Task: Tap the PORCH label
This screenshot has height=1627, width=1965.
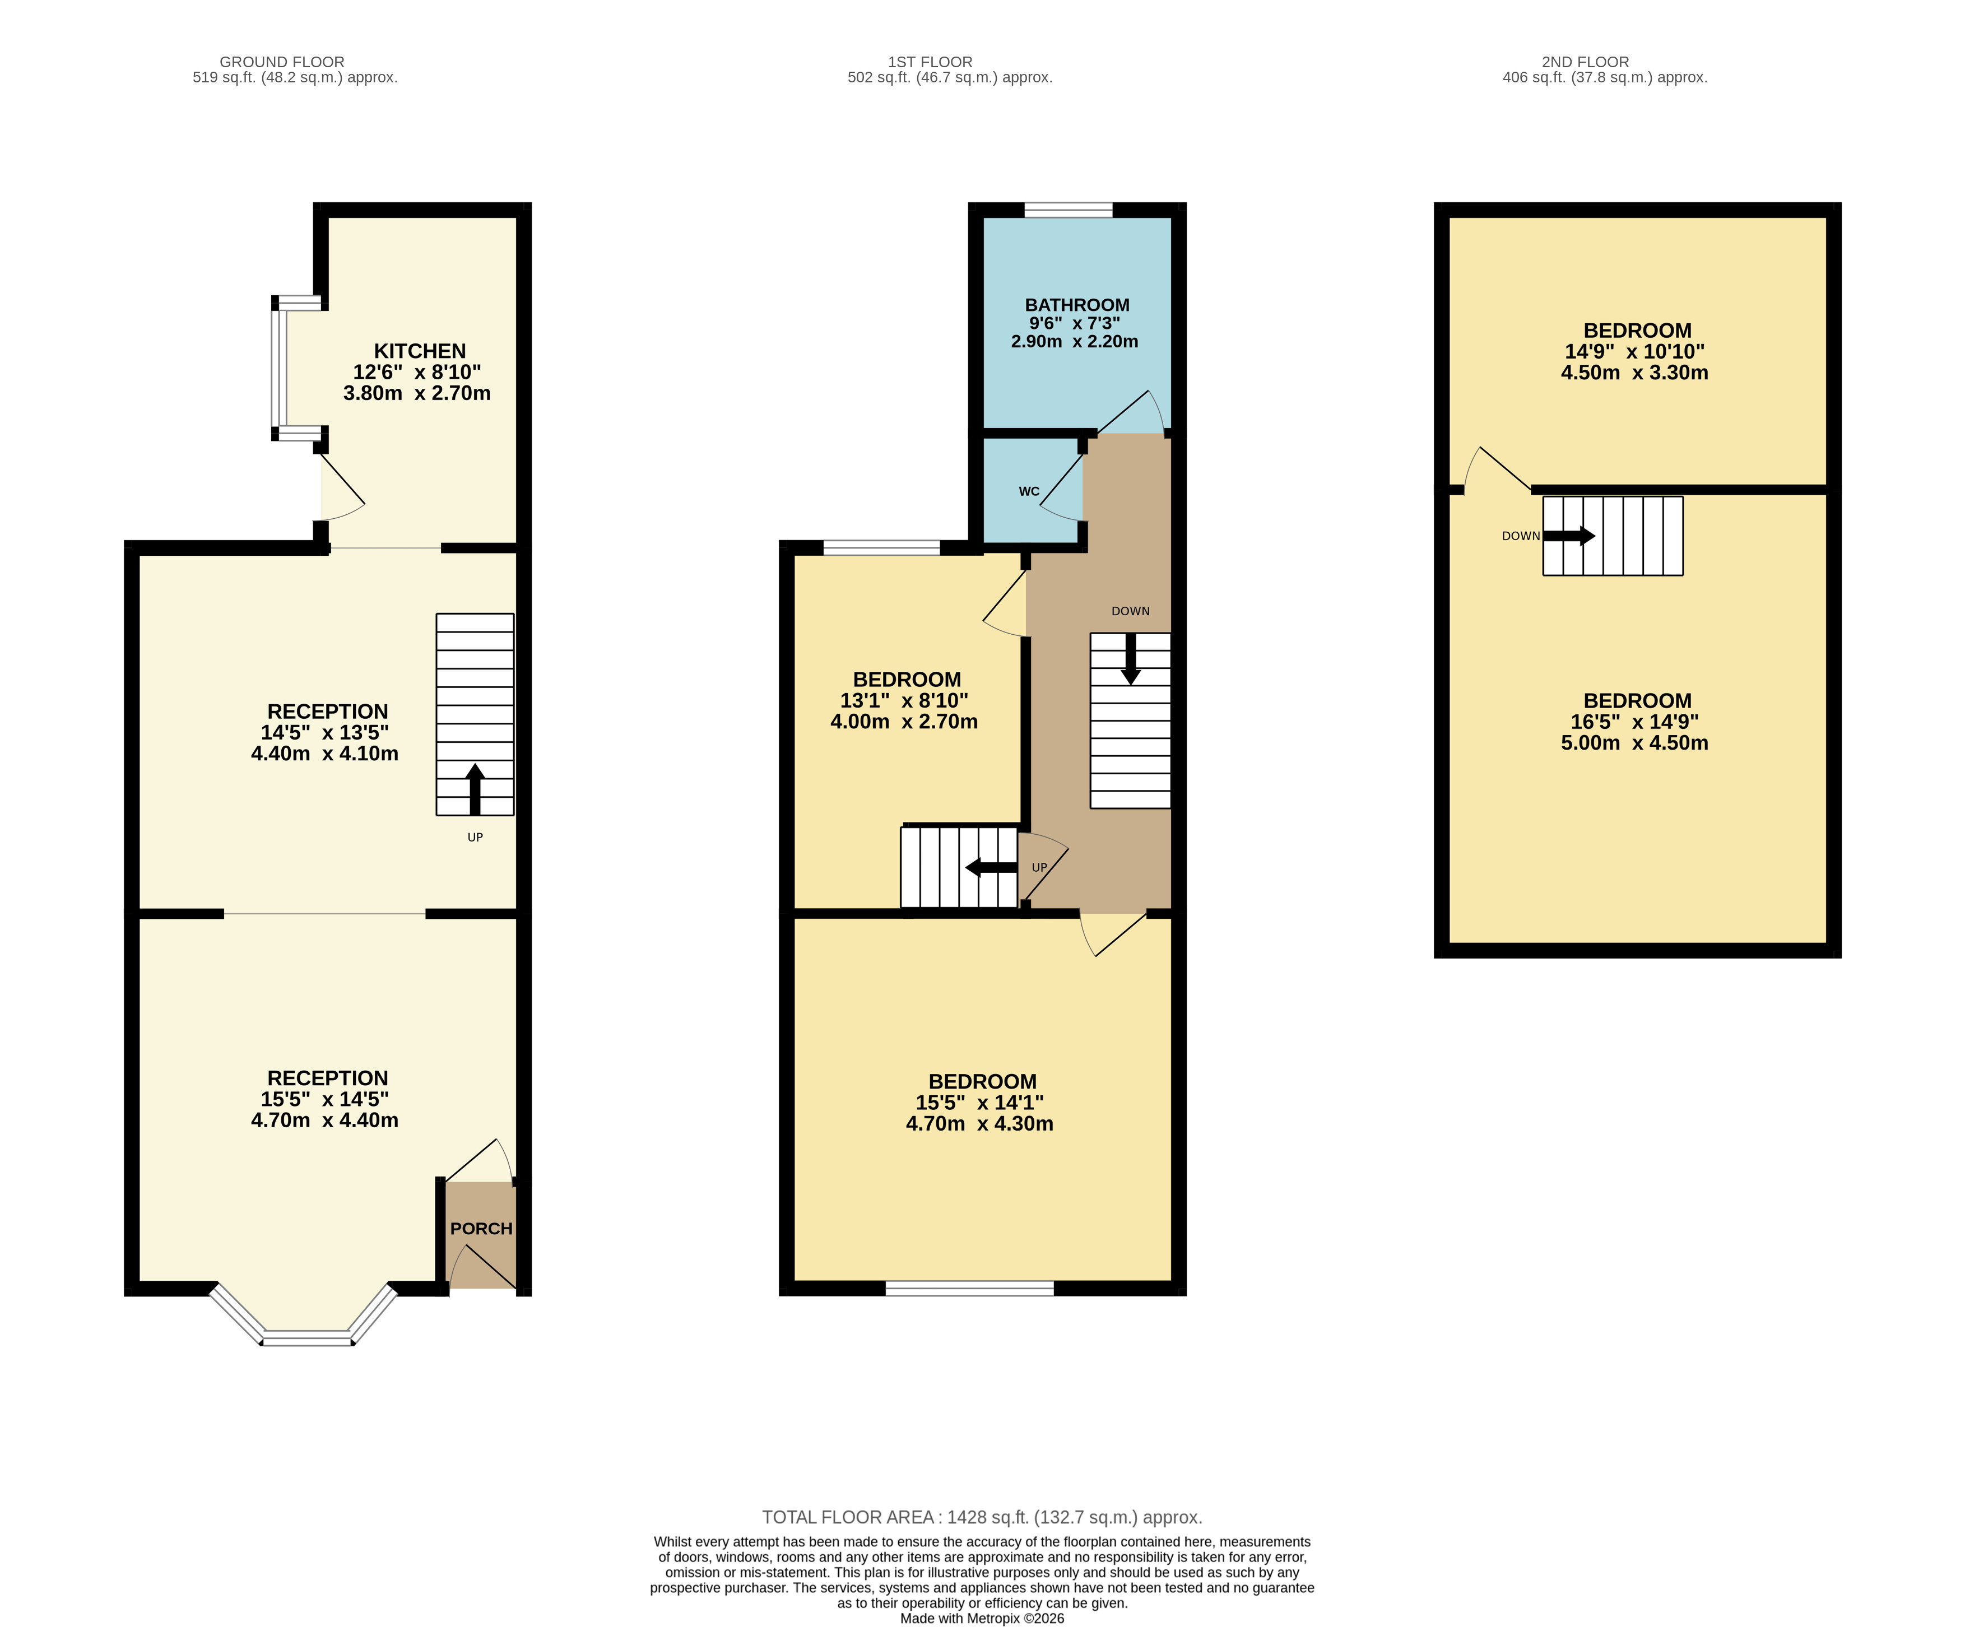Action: (481, 1229)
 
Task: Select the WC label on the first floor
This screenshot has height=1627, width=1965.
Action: (1029, 491)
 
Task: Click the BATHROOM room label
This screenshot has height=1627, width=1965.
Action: (1077, 305)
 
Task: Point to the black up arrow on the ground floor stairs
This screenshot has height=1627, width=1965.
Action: (475, 789)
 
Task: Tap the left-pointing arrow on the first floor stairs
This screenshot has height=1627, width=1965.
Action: (991, 867)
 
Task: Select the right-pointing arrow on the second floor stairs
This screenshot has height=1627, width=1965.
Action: (1569, 536)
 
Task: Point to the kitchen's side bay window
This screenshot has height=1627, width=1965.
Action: (280, 369)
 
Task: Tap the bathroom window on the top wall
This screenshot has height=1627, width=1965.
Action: (1069, 210)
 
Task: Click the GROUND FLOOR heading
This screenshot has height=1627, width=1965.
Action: (282, 62)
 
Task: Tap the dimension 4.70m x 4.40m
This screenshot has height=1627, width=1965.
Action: (324, 1120)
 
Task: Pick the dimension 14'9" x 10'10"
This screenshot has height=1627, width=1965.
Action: (1634, 352)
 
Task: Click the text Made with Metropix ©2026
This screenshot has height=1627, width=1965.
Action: (982, 1617)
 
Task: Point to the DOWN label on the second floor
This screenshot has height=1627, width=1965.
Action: (1521, 536)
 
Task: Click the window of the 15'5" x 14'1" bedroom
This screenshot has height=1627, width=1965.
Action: (969, 1288)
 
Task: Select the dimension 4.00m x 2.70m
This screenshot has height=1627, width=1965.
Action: (904, 722)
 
